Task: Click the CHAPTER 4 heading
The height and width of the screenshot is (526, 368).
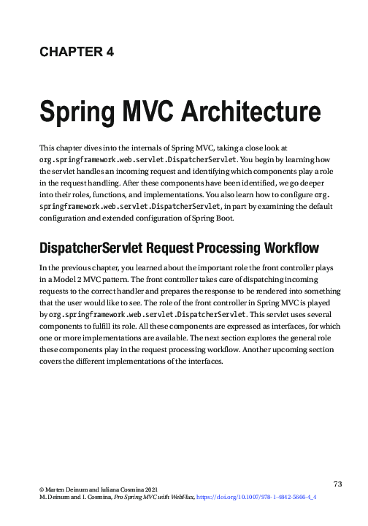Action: [x=76, y=52]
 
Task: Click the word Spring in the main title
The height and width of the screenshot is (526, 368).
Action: [x=77, y=114]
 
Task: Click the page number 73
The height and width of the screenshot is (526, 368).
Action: [x=337, y=484]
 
